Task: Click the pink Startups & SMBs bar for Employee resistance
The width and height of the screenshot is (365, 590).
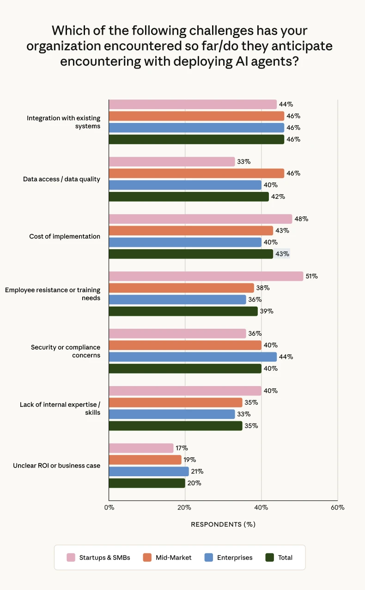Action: coord(206,276)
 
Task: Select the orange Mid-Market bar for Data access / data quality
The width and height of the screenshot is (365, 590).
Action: coord(196,173)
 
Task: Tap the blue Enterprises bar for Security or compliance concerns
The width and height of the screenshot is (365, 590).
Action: coord(193,357)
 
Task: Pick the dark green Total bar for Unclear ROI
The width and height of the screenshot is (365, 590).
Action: coord(147,483)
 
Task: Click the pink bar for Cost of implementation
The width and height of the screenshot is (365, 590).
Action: coord(201,219)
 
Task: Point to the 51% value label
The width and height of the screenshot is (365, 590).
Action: coord(311,276)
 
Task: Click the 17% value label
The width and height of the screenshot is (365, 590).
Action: coord(182,448)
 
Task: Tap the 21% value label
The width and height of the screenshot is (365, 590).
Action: coord(197,472)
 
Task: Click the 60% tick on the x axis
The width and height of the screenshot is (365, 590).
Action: coord(337,507)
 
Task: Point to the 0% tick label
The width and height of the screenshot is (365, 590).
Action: coord(109,507)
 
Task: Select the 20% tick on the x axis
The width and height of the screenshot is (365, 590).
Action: coord(185,507)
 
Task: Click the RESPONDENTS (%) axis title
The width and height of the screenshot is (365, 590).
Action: coord(223,524)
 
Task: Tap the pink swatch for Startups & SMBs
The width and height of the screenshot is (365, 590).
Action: coord(71,558)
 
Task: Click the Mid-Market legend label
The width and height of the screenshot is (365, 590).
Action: coord(173,558)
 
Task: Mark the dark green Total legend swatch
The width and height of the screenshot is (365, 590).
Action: coord(270,558)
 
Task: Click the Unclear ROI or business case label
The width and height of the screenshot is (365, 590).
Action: coord(56,466)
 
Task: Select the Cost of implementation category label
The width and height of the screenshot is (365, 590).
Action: coord(65,236)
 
